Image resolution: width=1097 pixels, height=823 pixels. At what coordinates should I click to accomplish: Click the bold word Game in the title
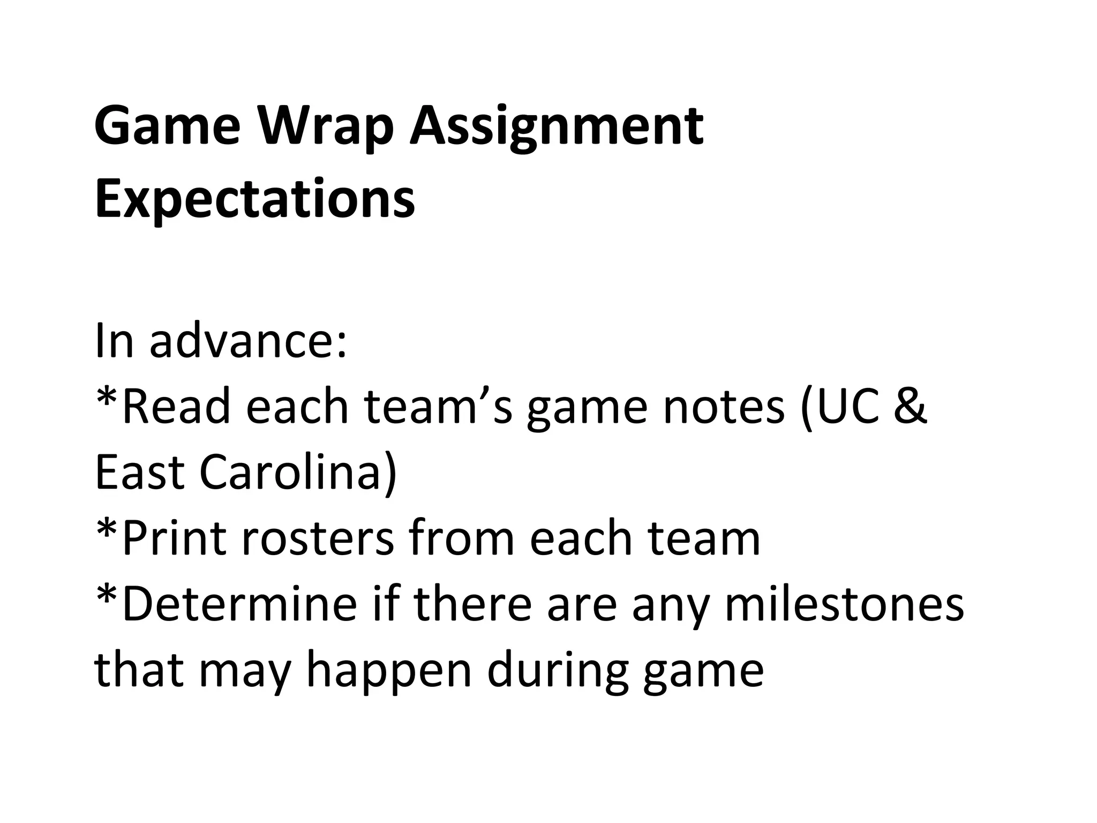tap(167, 126)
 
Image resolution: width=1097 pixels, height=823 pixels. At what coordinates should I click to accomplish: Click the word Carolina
tap(298, 474)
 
